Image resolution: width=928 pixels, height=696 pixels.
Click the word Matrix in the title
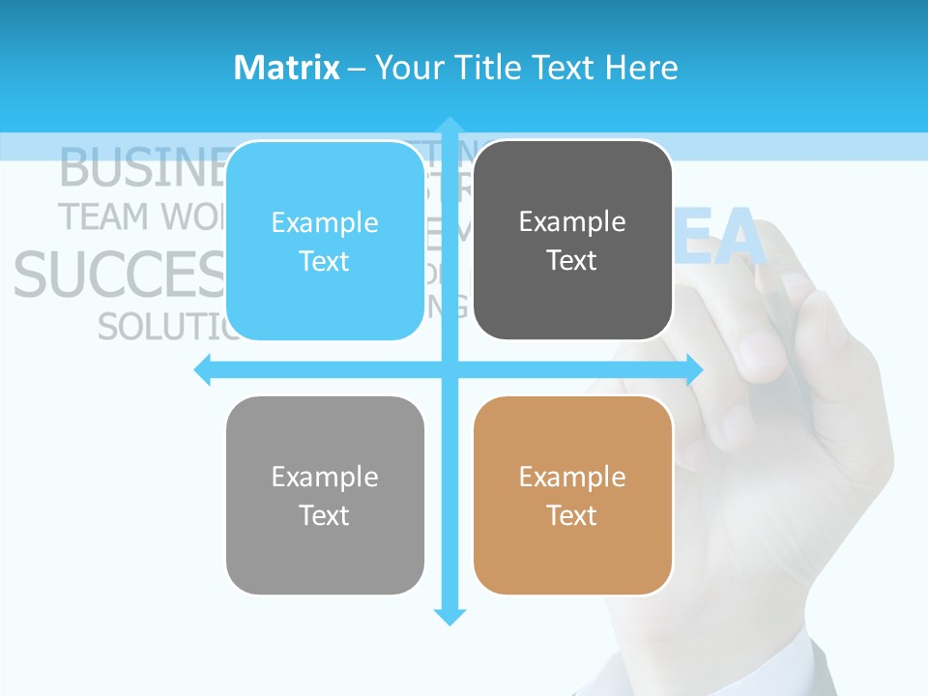click(287, 68)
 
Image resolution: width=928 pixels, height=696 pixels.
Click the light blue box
click(325, 242)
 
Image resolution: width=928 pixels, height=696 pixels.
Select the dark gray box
click(572, 241)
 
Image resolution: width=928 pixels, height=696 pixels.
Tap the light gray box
click(325, 495)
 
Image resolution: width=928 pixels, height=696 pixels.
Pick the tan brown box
click(572, 495)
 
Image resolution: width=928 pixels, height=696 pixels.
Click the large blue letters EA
click(719, 241)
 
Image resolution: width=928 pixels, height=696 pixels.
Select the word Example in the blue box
click(325, 222)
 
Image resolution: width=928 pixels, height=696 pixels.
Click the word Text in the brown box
click(572, 515)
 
